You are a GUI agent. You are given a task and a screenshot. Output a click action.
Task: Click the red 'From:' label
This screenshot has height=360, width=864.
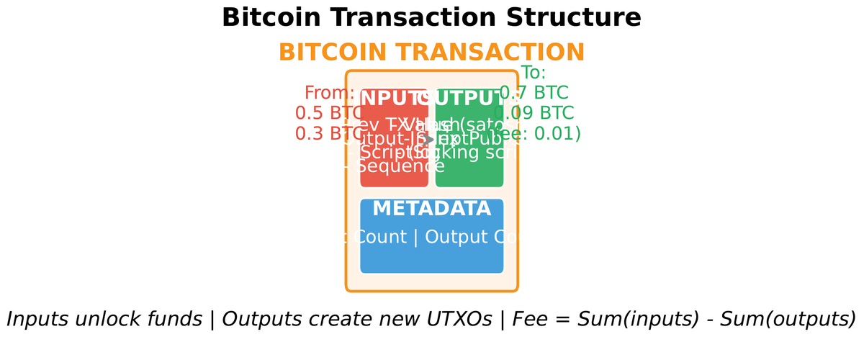point(329,93)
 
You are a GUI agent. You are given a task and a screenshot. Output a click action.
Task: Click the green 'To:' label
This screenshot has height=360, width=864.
point(534,73)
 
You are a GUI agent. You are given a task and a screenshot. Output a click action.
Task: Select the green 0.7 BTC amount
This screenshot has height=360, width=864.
point(534,93)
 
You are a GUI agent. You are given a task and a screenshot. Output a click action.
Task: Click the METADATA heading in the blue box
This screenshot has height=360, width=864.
point(432,209)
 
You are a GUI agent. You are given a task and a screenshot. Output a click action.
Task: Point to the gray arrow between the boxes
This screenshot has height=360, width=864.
point(431,139)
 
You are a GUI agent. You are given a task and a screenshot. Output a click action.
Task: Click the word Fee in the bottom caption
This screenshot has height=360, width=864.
point(530,319)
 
